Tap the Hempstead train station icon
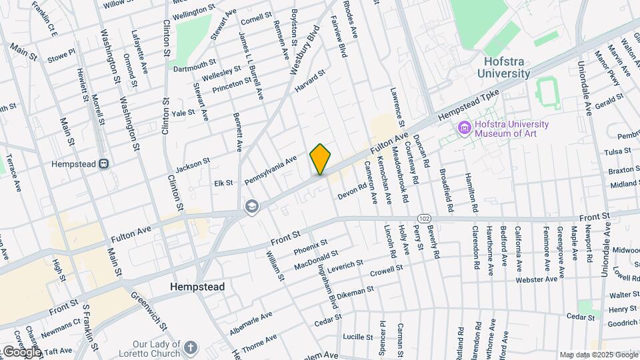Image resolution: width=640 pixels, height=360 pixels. tap(103, 163)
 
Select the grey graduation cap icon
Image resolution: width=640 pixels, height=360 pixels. tap(251, 205)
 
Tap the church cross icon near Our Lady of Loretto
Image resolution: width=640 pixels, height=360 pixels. tap(191, 347)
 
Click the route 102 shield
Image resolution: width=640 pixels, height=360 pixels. tap(424, 219)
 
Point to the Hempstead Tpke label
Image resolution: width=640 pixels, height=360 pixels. tap(469, 107)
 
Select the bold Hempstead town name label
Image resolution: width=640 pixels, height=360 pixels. tap(197, 287)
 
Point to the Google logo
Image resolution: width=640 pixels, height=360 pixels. tap(21, 351)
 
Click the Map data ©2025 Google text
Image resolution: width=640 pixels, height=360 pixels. tap(599, 355)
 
